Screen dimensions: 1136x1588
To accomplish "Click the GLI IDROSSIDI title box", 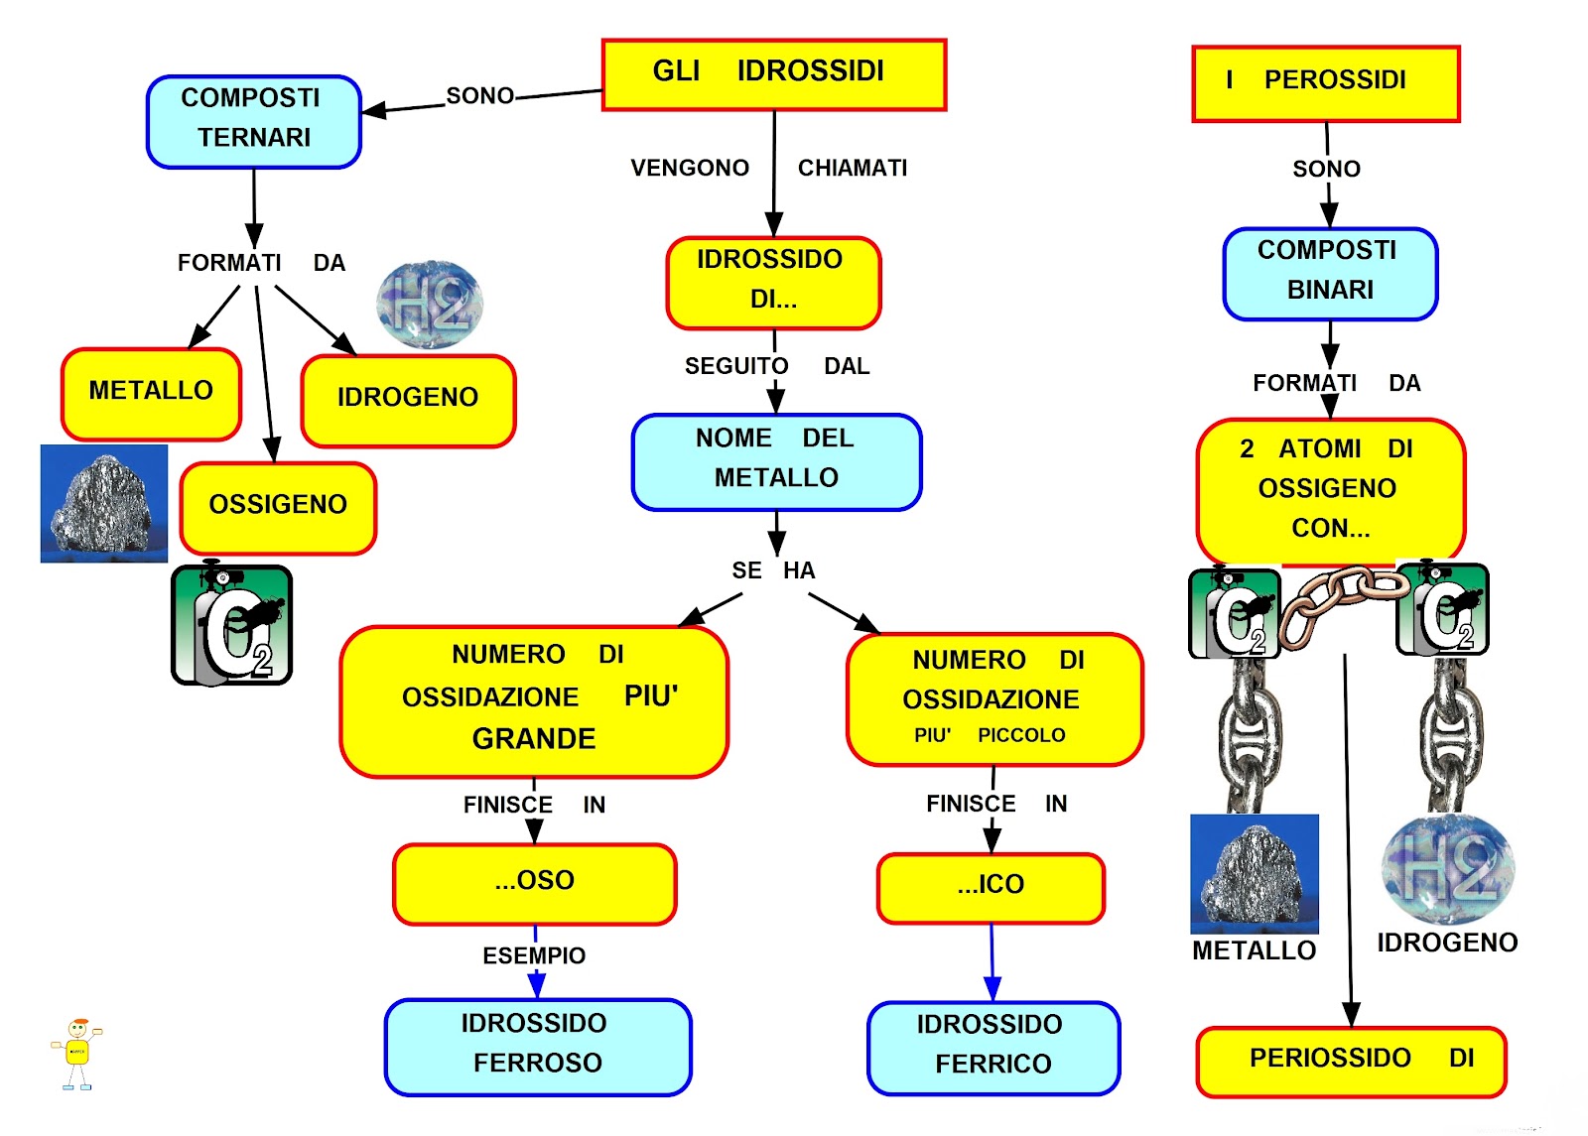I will tap(773, 74).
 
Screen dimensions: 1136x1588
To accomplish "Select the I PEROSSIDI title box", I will tap(1325, 83).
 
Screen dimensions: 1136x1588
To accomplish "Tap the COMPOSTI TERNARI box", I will tap(253, 121).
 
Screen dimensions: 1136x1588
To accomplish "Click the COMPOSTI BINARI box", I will tap(1330, 273).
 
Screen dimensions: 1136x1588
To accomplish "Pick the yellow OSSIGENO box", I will tap(278, 507).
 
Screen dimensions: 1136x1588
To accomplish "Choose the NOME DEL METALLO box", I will tap(776, 461).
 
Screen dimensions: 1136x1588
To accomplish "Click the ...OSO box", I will tap(534, 883).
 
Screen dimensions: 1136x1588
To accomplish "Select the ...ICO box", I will tap(991, 887).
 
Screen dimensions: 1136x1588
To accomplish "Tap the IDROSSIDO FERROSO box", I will tap(537, 1046).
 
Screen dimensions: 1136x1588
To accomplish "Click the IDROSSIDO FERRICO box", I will tap(992, 1048).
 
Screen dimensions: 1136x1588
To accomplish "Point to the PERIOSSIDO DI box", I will tap(1350, 1061).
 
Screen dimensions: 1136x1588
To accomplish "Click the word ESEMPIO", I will tap(534, 955).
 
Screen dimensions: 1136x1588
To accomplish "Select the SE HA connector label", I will tap(773, 570).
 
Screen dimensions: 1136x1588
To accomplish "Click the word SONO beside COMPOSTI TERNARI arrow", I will tap(479, 96).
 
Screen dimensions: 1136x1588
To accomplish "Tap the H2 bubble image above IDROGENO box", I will tap(430, 305).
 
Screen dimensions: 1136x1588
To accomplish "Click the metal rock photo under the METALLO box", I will tap(103, 504).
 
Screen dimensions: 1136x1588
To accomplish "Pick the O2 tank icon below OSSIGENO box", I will tap(231, 625).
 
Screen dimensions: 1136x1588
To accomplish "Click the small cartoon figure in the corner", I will tap(77, 1055).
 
